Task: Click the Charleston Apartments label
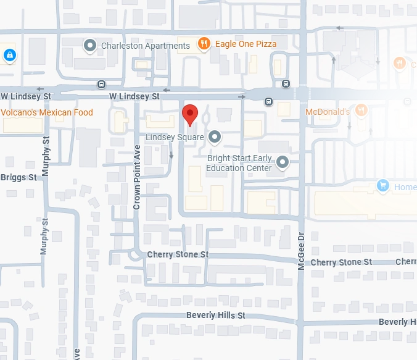click(x=146, y=46)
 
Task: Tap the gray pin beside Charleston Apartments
click(x=90, y=45)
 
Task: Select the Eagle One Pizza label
click(x=246, y=44)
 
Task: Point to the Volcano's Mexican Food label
click(x=47, y=112)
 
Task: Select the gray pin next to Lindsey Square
click(x=214, y=136)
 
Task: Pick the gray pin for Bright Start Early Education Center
click(x=283, y=162)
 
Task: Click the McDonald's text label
click(x=328, y=112)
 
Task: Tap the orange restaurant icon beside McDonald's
click(x=361, y=111)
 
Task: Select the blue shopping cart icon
click(x=383, y=186)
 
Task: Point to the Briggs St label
click(x=19, y=177)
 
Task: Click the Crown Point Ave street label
click(x=137, y=178)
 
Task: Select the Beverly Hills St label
click(x=216, y=316)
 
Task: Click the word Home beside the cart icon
click(x=405, y=187)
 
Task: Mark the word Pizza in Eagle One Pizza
click(x=265, y=44)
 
